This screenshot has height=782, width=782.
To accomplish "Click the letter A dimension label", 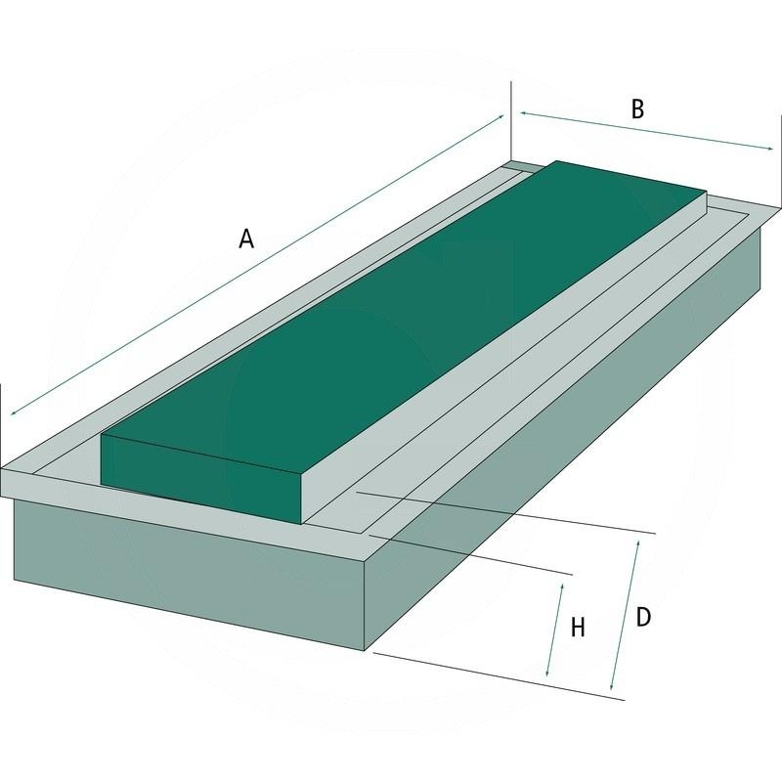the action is point(246,239).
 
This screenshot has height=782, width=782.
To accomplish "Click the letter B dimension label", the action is point(637,109).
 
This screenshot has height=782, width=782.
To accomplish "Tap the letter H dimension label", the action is point(578,628).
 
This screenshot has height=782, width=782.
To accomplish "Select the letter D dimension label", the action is point(643,617).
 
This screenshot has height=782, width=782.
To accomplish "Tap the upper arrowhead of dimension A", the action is point(500,116).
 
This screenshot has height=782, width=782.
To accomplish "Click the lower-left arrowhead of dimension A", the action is point(14,412).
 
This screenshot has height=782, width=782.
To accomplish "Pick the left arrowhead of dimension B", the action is point(524,113).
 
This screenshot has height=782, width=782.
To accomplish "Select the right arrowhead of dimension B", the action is point(769,149).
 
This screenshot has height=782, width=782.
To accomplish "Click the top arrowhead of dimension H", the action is point(561,587).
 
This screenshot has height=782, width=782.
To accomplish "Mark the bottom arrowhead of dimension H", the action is point(547,673).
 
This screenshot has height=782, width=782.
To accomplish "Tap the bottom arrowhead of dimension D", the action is point(613,686).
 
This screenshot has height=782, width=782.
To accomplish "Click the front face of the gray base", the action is point(190,575).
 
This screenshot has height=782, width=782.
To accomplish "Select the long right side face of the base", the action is point(564,439).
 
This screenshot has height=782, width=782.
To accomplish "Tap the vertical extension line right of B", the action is point(779,160).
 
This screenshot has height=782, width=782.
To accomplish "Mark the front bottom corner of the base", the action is point(365,650).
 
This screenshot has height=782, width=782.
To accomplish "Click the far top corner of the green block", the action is point(556,161).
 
